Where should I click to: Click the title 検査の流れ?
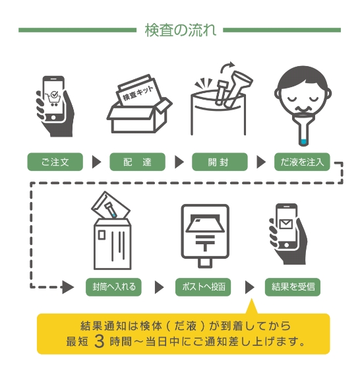pyautogui.click(x=179, y=30)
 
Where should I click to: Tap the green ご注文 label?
pyautogui.click(x=55, y=162)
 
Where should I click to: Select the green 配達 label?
pyautogui.click(x=137, y=162)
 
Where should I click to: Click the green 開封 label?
pyautogui.click(x=220, y=162)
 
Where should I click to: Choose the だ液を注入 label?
pyautogui.click(x=302, y=162)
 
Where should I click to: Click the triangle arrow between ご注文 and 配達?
pyautogui.click(x=96, y=162)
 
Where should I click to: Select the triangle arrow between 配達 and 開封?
pyautogui.click(x=178, y=162)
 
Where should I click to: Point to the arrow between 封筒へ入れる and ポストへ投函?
pyautogui.click(x=158, y=287)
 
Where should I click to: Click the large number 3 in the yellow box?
pyautogui.click(x=99, y=341)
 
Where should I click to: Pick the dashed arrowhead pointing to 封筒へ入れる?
pyautogui.click(x=68, y=287)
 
